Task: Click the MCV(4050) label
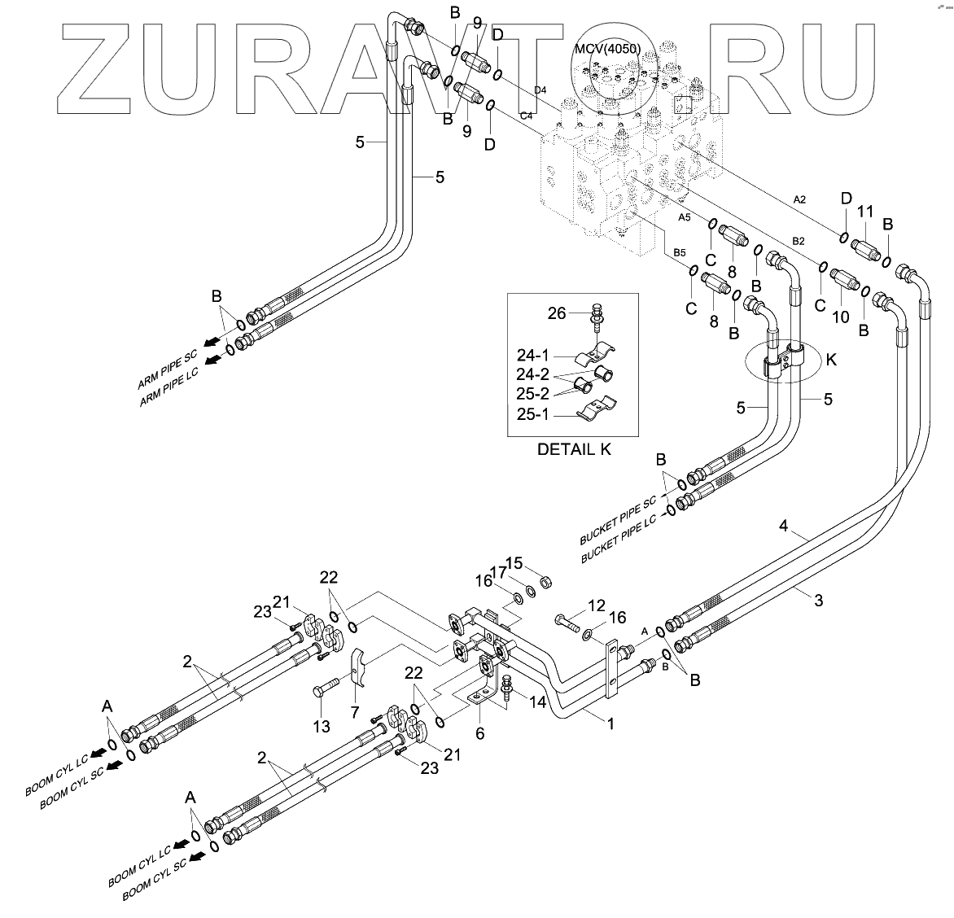tap(607, 49)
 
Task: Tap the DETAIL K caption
tap(574, 448)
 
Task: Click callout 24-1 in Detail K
tap(534, 355)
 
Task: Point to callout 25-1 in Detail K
tap(534, 414)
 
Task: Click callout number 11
tap(865, 212)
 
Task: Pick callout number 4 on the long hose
tap(783, 527)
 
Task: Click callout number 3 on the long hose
tap(819, 601)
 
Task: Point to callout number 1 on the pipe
tap(610, 722)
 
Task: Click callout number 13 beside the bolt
tap(322, 726)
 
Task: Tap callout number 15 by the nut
tap(514, 562)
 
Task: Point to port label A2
tap(799, 199)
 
